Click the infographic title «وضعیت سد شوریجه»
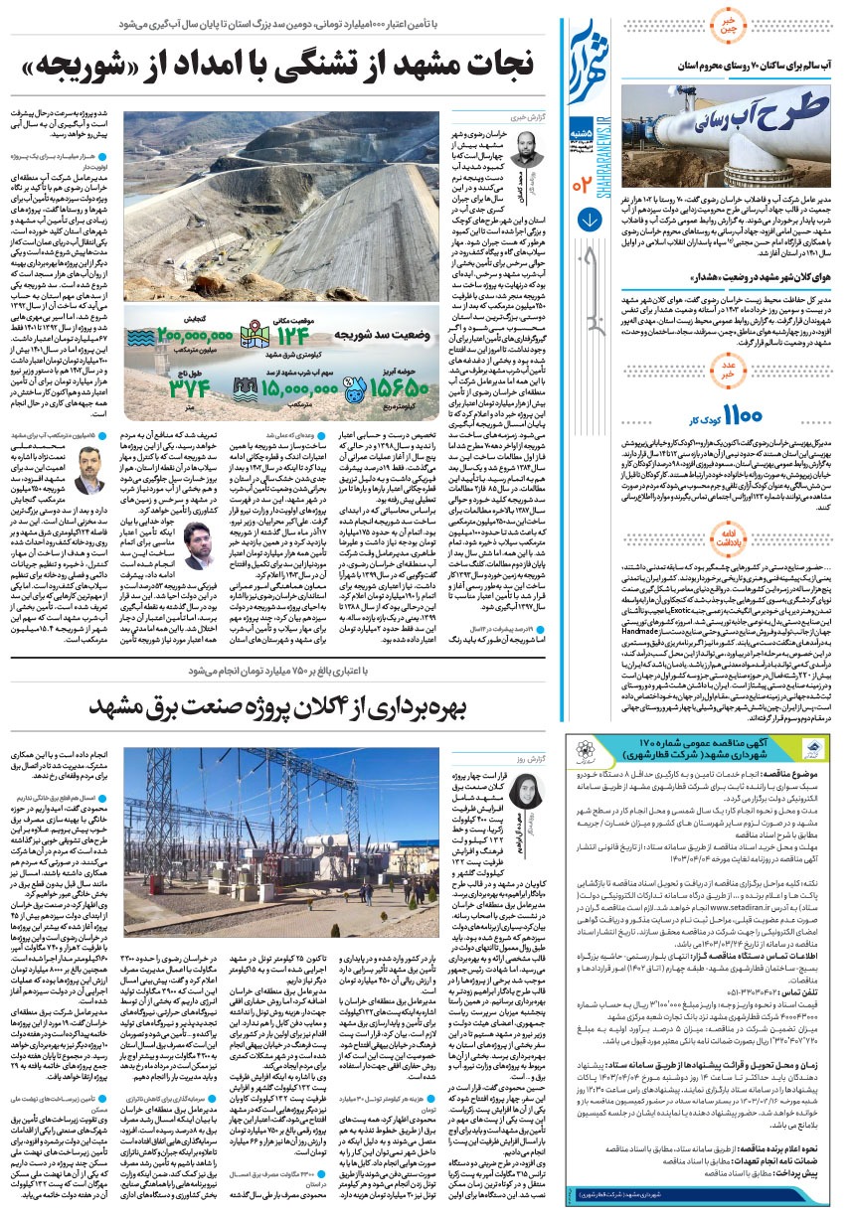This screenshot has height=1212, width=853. coord(384,336)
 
